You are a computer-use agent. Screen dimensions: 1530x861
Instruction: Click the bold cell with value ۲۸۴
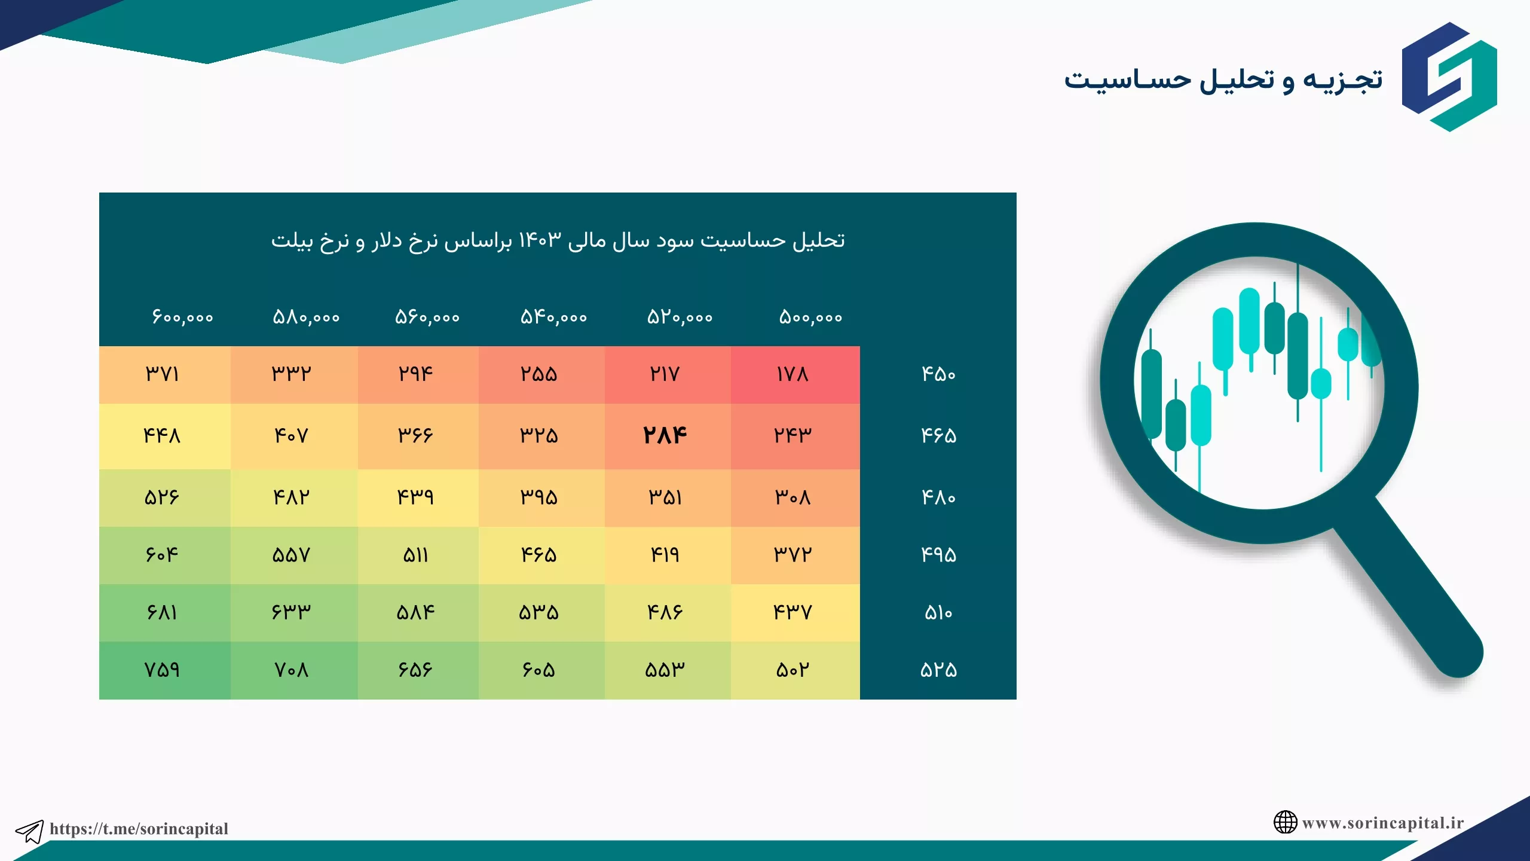pyautogui.click(x=665, y=435)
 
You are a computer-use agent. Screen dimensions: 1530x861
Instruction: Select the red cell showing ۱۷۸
pyautogui.click(x=795, y=375)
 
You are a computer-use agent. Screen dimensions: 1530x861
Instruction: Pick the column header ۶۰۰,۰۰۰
pyautogui.click(x=182, y=317)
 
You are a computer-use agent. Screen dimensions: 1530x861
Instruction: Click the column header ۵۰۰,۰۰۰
pyautogui.click(x=810, y=317)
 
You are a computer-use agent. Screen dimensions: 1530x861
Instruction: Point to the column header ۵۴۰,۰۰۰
pyautogui.click(x=553, y=317)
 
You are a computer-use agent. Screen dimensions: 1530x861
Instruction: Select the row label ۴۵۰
pyautogui.click(x=938, y=375)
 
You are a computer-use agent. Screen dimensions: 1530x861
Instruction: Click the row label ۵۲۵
pyautogui.click(x=938, y=670)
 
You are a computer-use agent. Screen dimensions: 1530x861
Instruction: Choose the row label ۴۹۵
pyautogui.click(x=938, y=555)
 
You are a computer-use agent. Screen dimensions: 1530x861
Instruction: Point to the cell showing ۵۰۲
pyautogui.click(x=795, y=670)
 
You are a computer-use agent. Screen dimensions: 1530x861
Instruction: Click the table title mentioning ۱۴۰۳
pyautogui.click(x=558, y=240)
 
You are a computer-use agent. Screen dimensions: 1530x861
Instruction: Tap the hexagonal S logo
pyautogui.click(x=1449, y=77)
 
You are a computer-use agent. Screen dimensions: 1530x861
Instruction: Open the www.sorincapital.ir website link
pyautogui.click(x=1383, y=823)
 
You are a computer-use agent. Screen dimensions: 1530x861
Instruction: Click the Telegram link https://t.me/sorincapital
pyautogui.click(x=139, y=829)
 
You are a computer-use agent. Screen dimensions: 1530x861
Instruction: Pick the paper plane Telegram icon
pyautogui.click(x=29, y=831)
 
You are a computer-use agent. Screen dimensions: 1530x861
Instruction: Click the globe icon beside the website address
pyautogui.click(x=1285, y=822)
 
